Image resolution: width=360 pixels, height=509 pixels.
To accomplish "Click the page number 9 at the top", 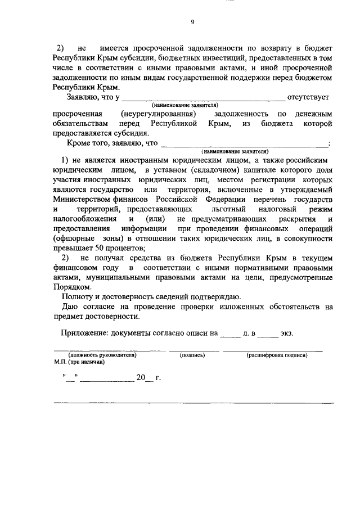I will pyautogui.click(x=192, y=22).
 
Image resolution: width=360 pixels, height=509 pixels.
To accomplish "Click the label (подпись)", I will pyautogui.click(x=191, y=355).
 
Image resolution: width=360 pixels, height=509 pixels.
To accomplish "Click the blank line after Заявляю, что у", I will pyautogui.click(x=205, y=98).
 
